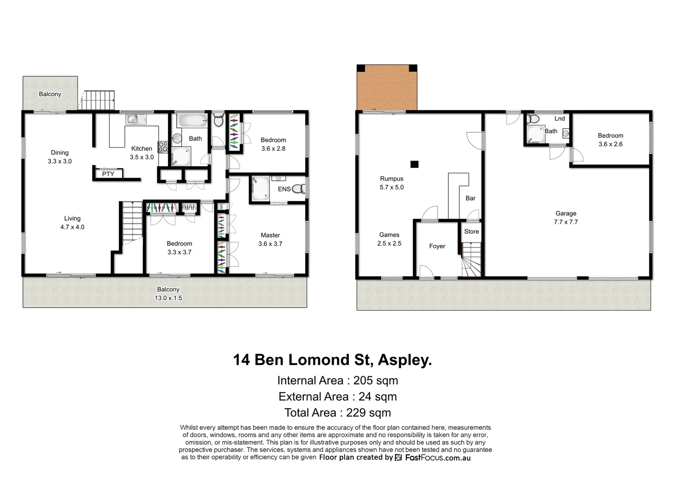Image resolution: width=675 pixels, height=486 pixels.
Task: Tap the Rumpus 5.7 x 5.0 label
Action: pyautogui.click(x=392, y=183)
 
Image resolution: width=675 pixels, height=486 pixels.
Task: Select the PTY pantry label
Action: pyautogui.click(x=108, y=174)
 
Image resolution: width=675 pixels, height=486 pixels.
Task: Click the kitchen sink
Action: pyautogui.click(x=136, y=119)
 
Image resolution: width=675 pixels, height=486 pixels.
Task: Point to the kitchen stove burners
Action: pyautogui.click(x=163, y=147)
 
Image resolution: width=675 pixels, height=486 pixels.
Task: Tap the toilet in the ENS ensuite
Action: pyautogui.click(x=298, y=189)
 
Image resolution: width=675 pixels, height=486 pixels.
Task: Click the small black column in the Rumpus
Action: pyautogui.click(x=415, y=164)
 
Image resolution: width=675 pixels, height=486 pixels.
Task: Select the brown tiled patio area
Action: pyautogui.click(x=387, y=88)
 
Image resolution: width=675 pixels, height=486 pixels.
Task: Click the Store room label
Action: pyautogui.click(x=471, y=232)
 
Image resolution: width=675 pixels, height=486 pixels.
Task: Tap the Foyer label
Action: pyautogui.click(x=437, y=246)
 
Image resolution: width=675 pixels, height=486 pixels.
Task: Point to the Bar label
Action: pyautogui.click(x=470, y=198)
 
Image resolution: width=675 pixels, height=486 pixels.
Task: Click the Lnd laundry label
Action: pyautogui.click(x=559, y=119)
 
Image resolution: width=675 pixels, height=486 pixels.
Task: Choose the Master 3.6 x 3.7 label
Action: pyautogui.click(x=270, y=239)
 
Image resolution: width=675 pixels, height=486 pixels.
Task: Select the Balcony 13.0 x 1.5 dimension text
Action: pyautogui.click(x=168, y=298)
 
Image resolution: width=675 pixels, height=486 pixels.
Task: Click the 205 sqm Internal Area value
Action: pyautogui.click(x=375, y=381)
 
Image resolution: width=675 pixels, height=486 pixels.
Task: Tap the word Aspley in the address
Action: pyautogui.click(x=404, y=360)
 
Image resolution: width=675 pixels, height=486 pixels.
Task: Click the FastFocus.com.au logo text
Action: pyautogui.click(x=438, y=458)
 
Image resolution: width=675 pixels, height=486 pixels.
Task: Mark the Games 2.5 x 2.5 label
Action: pyautogui.click(x=389, y=239)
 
